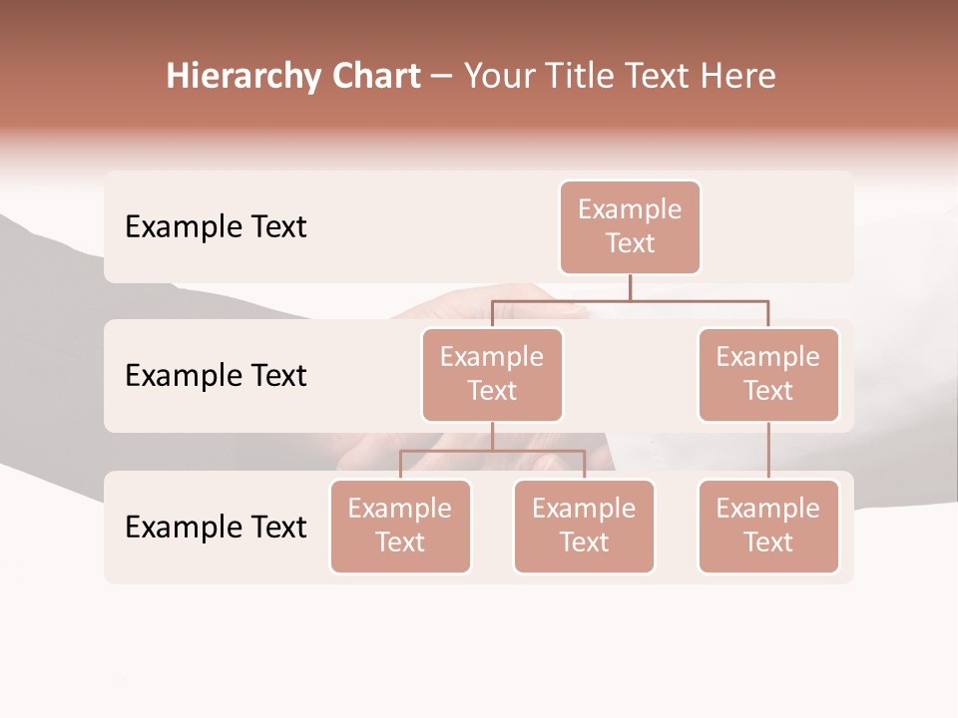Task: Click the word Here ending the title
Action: (739, 77)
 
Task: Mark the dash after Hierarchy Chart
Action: (442, 78)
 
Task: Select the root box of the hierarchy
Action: (630, 227)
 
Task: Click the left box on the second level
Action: (492, 375)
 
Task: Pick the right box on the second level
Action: (768, 375)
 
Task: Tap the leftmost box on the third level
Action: (400, 527)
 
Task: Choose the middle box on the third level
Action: (584, 527)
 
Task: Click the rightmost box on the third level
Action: (768, 527)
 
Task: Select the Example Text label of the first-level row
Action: (216, 227)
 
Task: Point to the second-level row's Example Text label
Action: (216, 376)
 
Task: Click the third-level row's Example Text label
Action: (216, 528)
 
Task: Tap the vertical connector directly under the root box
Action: (630, 287)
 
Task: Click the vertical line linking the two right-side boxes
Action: (768, 451)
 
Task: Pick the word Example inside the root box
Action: (630, 210)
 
